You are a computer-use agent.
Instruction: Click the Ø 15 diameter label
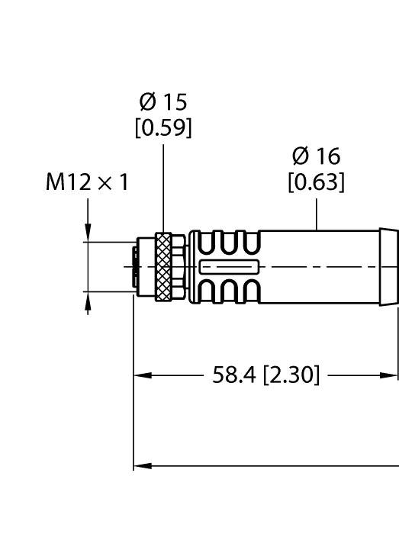[x=163, y=101]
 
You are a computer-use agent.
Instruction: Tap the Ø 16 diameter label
[x=316, y=156]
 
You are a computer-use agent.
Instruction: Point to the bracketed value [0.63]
[x=316, y=183]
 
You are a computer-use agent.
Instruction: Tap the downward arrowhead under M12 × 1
[x=88, y=235]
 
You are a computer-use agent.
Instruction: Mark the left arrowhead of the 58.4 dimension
[x=141, y=375]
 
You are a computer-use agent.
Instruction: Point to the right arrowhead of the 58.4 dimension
[x=392, y=375]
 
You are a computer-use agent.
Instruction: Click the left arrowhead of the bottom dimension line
[x=141, y=465]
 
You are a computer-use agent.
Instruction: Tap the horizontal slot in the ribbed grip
[x=229, y=267]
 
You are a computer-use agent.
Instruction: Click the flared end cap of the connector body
[x=388, y=267]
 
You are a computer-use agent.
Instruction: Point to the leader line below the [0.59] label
[x=163, y=187]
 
